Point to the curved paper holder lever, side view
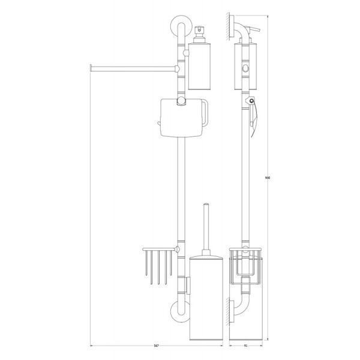(x=256, y=113)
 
